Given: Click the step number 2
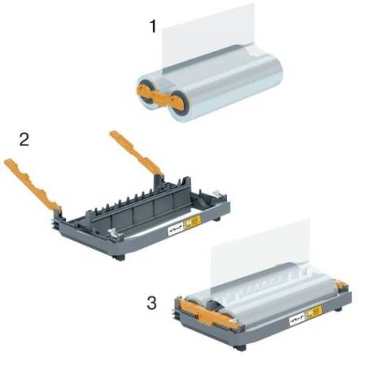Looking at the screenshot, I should tap(24, 138).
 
